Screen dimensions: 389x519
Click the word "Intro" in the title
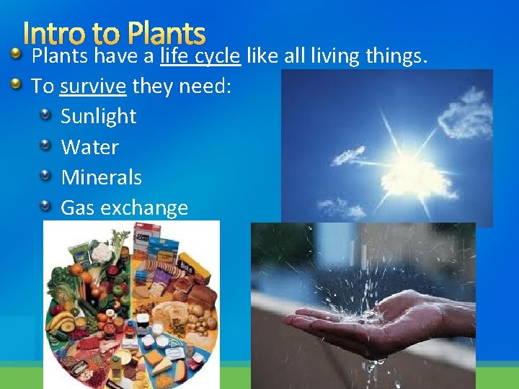[53, 34]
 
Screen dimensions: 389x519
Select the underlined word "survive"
[93, 86]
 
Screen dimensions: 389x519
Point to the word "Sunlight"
[99, 117]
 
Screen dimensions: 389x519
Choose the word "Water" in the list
[89, 147]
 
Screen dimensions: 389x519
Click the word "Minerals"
[101, 177]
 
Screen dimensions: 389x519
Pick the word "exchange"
[144, 208]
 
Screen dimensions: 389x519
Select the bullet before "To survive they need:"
[16, 84]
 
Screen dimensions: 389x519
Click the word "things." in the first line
[394, 55]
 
